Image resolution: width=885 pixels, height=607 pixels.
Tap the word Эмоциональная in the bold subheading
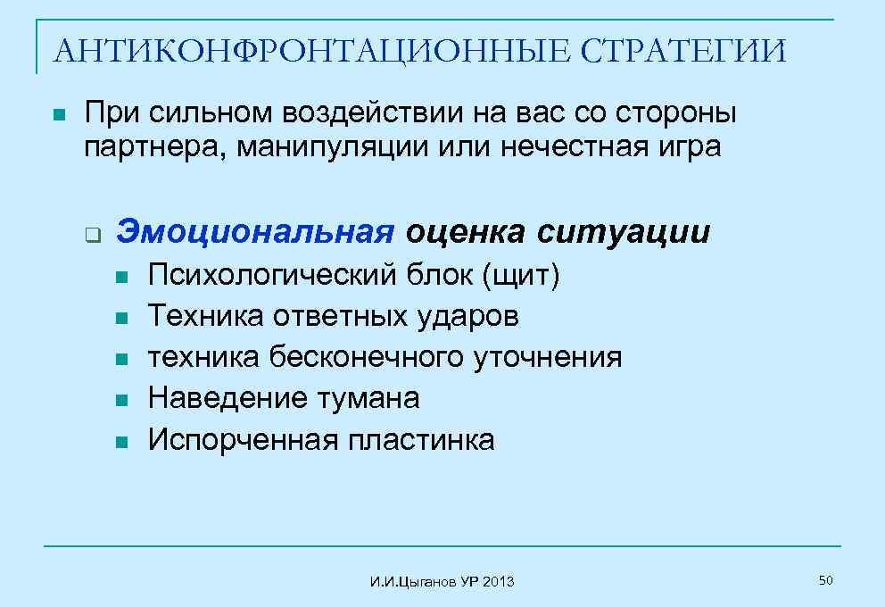256,232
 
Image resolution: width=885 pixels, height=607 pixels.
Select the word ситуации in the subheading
624,232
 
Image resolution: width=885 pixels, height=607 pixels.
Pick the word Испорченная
242,439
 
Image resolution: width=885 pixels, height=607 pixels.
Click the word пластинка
421,439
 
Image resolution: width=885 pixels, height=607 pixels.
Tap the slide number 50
825,581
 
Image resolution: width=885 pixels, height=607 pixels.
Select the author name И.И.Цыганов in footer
414,582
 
